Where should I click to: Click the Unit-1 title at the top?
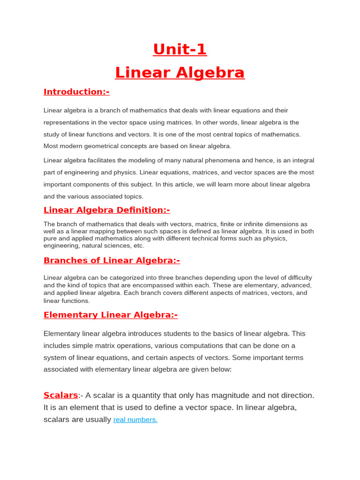[180, 49]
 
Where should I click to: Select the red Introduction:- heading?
[76, 92]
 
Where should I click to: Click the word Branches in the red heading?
[65, 261]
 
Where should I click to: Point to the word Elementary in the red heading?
[70, 315]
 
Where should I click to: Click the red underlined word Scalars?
[60, 395]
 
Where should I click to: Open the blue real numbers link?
[135, 420]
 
